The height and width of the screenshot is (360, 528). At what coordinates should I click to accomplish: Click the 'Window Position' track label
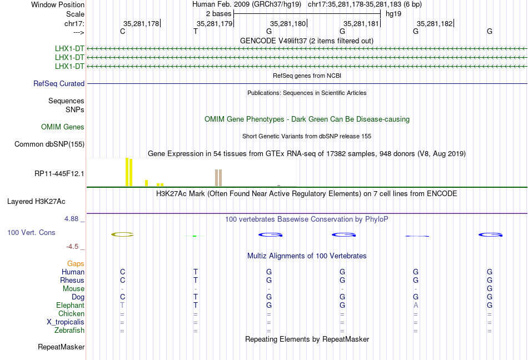coord(58,4)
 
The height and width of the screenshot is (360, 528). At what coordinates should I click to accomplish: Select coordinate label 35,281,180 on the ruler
coord(288,23)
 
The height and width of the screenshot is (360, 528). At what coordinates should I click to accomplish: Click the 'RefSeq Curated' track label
coord(59,83)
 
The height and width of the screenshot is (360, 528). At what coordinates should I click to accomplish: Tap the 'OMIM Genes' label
coord(63,127)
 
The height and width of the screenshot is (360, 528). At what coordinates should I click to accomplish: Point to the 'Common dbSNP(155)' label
coord(49,144)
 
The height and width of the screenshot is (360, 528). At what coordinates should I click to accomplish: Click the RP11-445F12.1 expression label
coord(59,173)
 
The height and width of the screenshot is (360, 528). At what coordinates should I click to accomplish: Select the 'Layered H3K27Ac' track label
coord(36,202)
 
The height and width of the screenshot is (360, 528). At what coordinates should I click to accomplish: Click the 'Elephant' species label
coord(70,305)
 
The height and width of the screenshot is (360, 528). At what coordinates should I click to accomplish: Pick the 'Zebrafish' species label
coord(69,331)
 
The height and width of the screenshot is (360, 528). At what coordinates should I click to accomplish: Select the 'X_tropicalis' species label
coord(66,322)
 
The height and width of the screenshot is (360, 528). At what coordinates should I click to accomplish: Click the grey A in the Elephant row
coord(416,305)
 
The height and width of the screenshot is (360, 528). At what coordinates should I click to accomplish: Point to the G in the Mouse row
coord(490,289)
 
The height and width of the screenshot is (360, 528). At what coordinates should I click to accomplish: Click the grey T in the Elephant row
coord(122,305)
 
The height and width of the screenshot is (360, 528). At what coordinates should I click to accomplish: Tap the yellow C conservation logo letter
coord(123,234)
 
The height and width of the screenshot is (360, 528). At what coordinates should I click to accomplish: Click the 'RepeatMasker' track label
coord(61,347)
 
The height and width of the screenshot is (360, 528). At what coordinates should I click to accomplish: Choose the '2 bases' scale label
coord(219,14)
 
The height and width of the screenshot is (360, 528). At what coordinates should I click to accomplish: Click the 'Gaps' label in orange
coord(76,263)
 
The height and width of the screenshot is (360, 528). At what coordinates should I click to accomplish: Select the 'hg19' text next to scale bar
coord(393,14)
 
